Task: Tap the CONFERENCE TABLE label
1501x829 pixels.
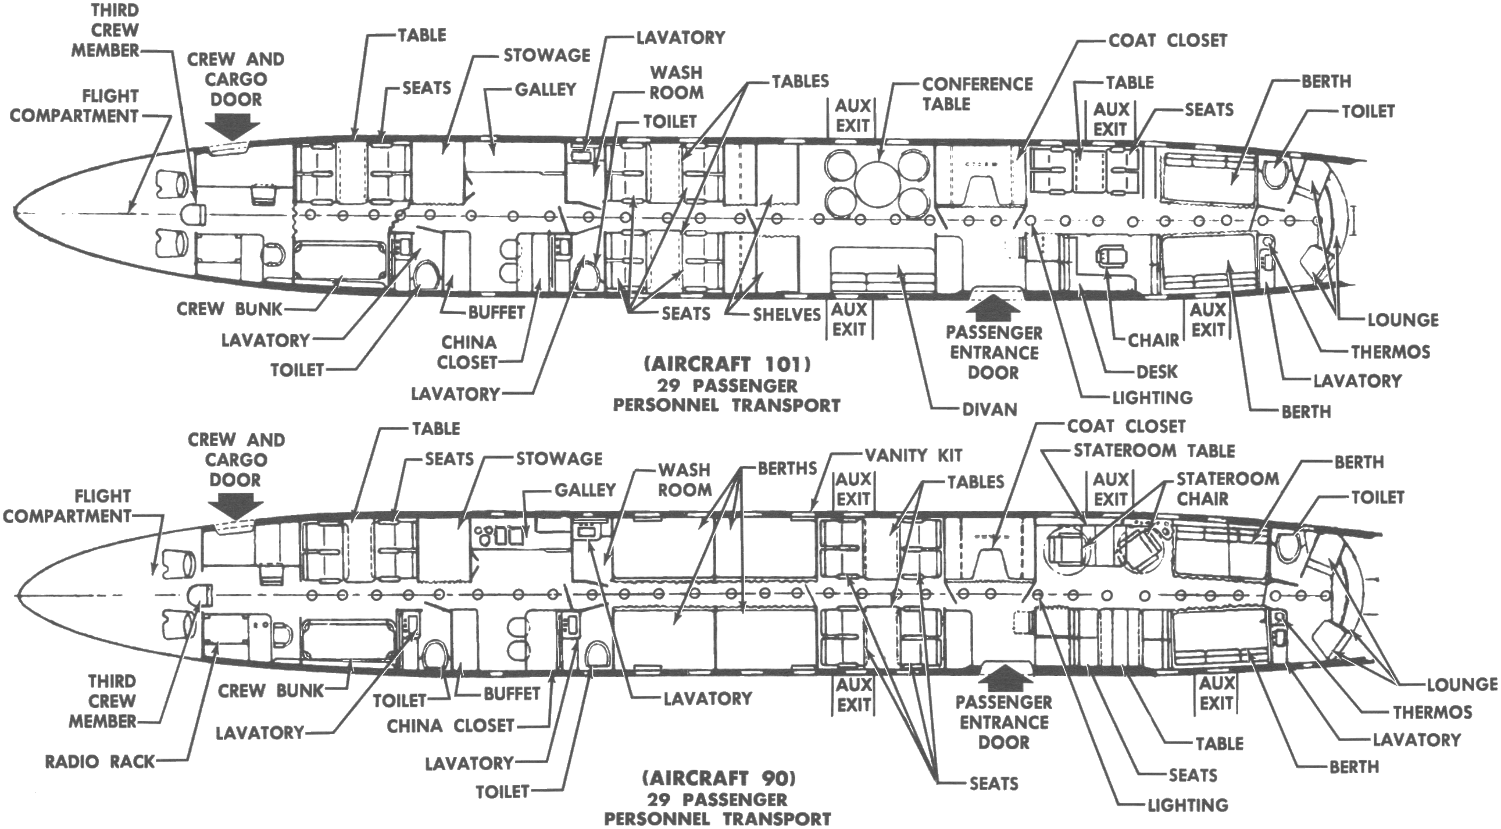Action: coord(977,94)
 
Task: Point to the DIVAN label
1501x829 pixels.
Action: coord(989,409)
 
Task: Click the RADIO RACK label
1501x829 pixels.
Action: coord(99,762)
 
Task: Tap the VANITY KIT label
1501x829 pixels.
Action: coord(913,456)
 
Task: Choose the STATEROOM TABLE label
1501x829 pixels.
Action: coord(1154,451)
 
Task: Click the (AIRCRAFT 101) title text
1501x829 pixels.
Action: coord(727,364)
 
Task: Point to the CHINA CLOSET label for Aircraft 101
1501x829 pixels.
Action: coord(468,352)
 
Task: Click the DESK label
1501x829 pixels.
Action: coord(1157,371)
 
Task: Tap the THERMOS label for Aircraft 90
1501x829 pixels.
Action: coord(1432,712)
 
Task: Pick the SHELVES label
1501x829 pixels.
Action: coord(786,315)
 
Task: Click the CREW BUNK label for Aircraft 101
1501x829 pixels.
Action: coord(229,309)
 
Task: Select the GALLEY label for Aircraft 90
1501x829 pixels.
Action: coord(584,490)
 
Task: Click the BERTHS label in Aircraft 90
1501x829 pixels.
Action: coord(787,469)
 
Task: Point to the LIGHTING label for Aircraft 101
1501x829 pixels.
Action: coord(1152,397)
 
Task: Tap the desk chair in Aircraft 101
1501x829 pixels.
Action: coord(1106,255)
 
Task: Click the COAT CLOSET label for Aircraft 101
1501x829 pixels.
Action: coord(1168,40)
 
